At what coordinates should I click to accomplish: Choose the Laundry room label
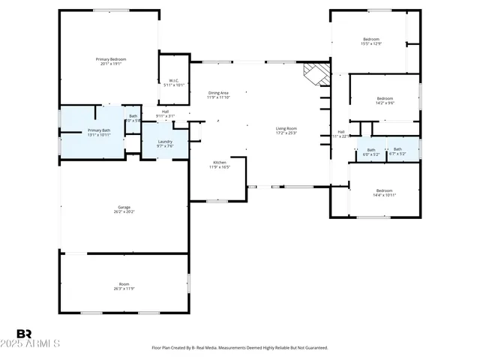165,143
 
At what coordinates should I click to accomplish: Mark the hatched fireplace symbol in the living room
316,73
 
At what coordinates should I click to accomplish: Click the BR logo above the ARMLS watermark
25,334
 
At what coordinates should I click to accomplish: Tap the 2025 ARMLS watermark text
37,343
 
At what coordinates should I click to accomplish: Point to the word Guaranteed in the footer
315,348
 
